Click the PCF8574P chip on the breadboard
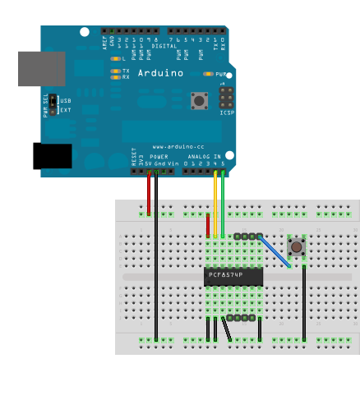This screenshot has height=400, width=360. [x=233, y=276]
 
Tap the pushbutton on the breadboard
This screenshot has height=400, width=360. [x=296, y=246]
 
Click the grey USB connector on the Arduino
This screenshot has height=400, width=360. [x=41, y=69]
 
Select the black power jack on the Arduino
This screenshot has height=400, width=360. [x=52, y=156]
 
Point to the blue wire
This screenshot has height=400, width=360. [x=275, y=251]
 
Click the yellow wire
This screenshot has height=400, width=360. [x=215, y=205]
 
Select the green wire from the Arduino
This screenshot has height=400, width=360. [x=223, y=205]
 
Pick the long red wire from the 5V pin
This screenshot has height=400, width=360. [x=149, y=195]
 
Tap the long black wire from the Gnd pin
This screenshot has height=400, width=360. [x=156, y=263]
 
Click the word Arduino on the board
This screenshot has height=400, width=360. [x=160, y=73]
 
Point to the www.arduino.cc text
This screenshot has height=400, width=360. [x=173, y=147]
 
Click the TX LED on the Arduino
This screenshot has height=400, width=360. [x=116, y=71]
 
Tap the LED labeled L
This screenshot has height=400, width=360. [x=116, y=59]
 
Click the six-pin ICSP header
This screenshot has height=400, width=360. [x=226, y=99]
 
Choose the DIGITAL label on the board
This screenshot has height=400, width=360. [x=164, y=46]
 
